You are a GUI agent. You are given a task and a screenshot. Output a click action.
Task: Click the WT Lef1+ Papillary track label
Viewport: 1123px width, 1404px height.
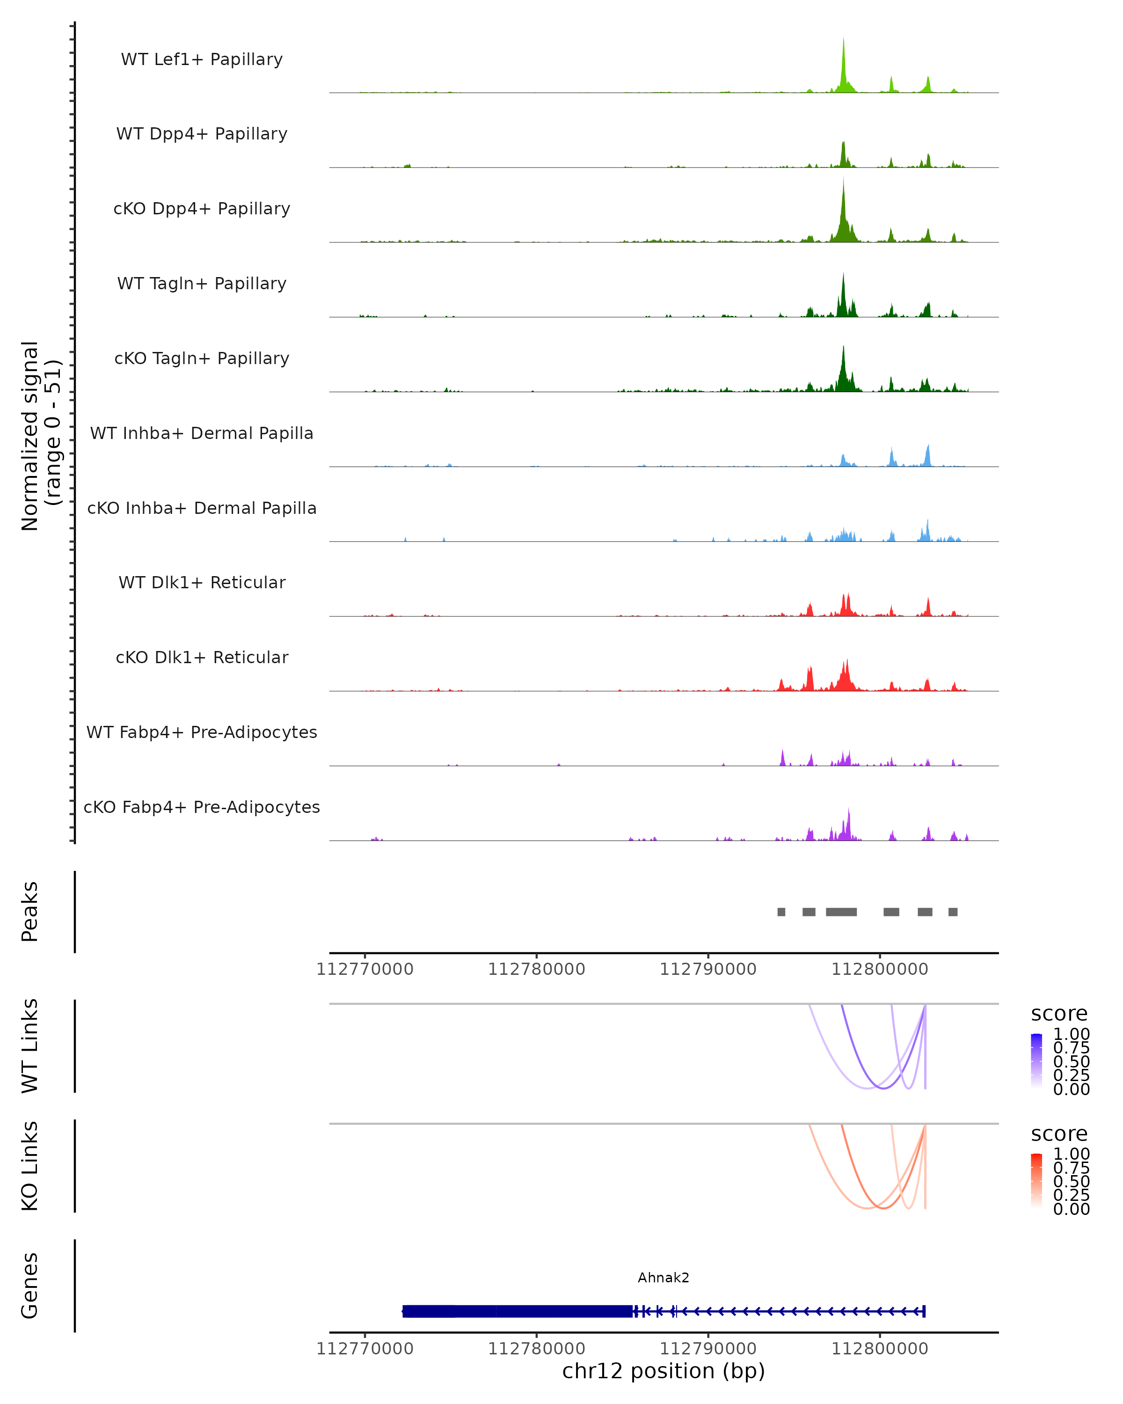tap(202, 59)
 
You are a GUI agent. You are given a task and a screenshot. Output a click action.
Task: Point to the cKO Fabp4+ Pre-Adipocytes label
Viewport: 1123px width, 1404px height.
tap(202, 807)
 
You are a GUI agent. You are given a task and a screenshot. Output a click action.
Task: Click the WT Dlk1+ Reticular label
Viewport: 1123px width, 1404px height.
tap(202, 582)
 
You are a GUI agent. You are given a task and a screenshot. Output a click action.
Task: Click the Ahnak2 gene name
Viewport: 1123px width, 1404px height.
tap(664, 1278)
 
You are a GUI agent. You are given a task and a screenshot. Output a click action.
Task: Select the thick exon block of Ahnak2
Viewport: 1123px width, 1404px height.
tap(518, 1311)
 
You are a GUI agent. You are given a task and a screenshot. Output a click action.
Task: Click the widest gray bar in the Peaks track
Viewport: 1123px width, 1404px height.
tap(841, 912)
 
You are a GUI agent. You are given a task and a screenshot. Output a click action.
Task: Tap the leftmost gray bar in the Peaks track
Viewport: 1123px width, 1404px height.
tap(781, 912)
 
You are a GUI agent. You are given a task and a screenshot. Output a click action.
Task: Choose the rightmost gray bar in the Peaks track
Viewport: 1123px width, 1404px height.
tap(953, 912)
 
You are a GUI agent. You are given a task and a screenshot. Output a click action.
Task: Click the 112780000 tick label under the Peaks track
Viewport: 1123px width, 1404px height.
tap(536, 970)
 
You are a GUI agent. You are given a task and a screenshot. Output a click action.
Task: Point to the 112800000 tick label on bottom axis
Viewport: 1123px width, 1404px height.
tap(880, 1349)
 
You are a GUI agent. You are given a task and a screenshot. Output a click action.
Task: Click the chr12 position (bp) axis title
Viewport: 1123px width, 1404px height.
tap(664, 1371)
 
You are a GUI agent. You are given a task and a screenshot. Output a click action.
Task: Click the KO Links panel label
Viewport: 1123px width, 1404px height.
tap(30, 1166)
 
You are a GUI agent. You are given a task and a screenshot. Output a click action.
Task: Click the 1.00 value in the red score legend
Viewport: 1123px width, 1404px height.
tap(1072, 1154)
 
